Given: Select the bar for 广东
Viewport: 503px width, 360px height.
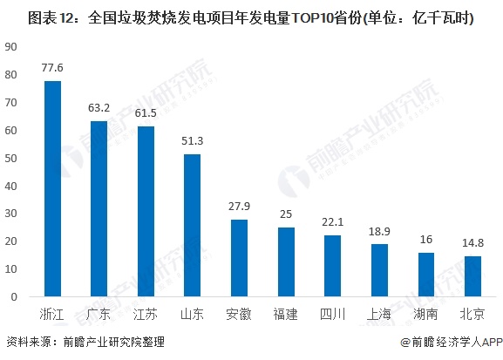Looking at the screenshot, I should pos(99,208).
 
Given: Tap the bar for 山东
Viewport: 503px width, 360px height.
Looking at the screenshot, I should pos(192,225).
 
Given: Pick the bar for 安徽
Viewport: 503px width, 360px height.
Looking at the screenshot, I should pos(239,257).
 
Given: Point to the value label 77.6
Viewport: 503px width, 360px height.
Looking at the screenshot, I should pos(52,66).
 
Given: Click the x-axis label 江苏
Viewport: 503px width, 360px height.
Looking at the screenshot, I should pos(146,313).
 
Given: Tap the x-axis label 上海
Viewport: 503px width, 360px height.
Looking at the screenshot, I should pos(378,313).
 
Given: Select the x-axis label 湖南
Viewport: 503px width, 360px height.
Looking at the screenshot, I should pos(425,313).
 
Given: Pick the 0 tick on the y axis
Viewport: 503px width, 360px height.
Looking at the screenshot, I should pos(13,296).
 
